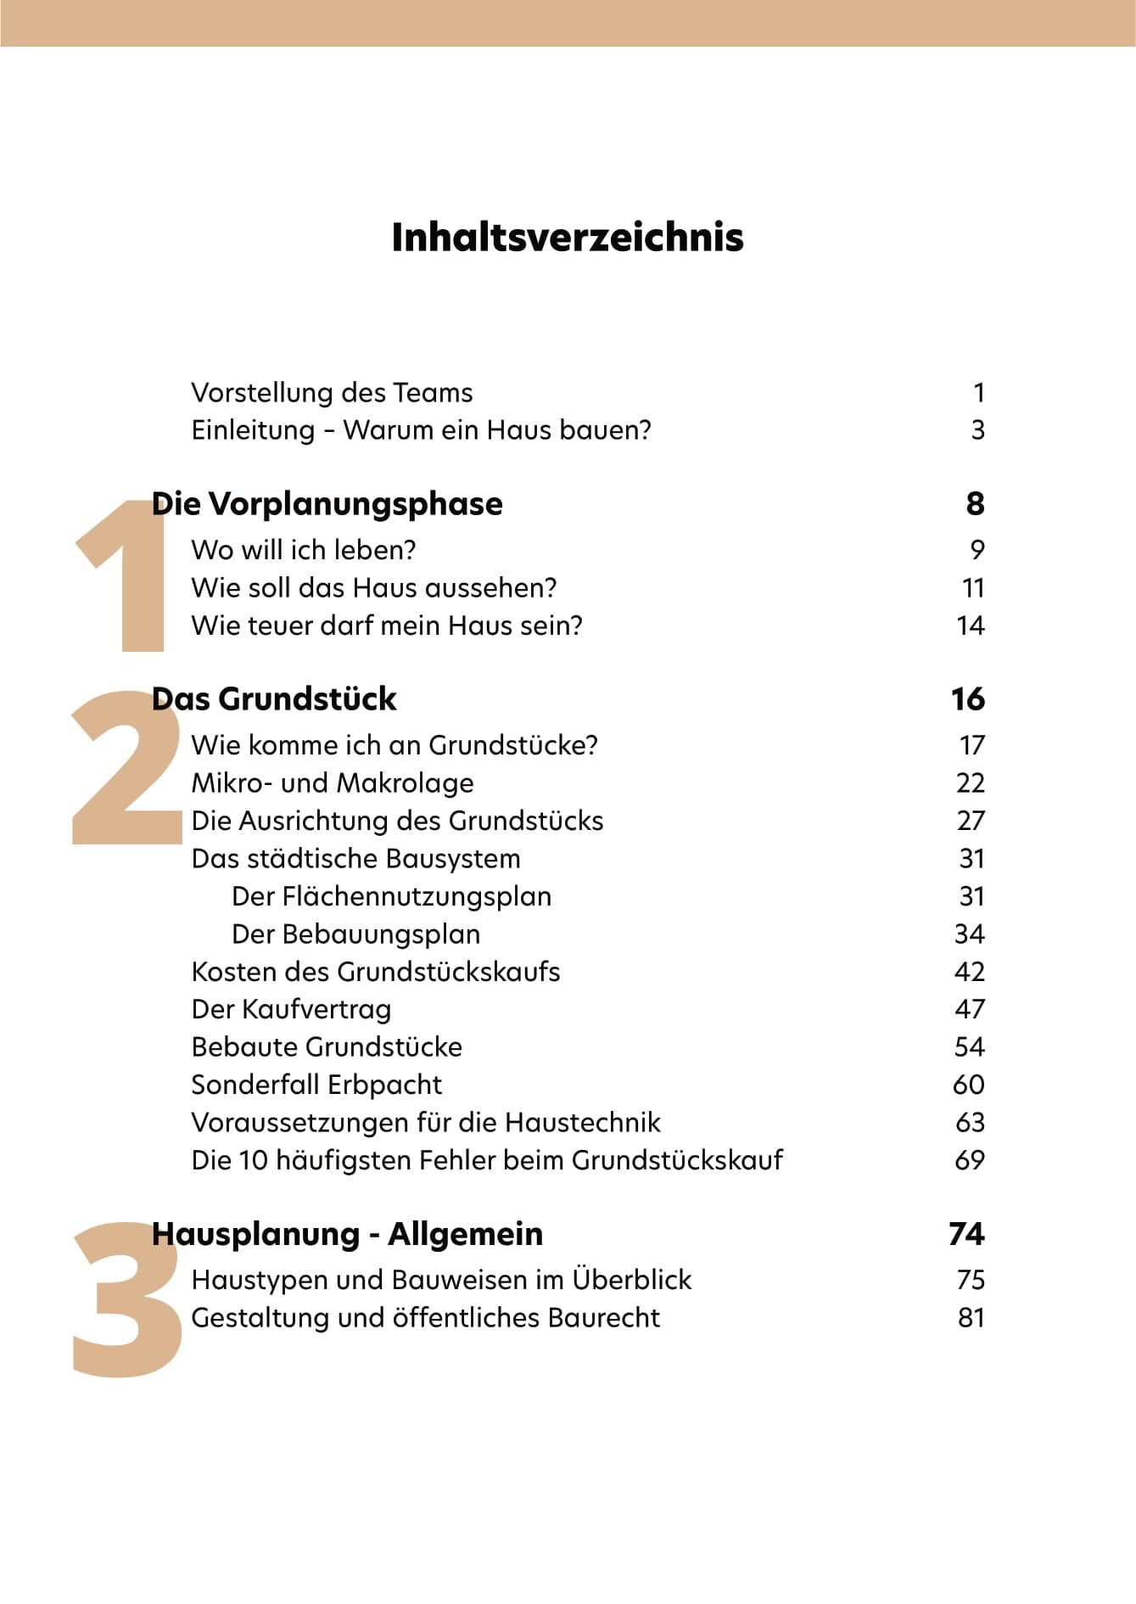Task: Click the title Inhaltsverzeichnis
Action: point(567,237)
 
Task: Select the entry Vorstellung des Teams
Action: point(332,393)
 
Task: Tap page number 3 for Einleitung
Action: point(977,430)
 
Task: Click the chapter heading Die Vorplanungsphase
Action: point(327,504)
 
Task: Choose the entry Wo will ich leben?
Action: point(303,550)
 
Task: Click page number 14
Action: point(970,625)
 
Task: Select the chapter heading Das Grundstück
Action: point(273,699)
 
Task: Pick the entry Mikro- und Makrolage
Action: point(332,782)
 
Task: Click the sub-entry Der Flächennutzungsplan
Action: point(391,896)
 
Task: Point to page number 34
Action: point(969,934)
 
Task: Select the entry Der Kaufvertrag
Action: point(291,1009)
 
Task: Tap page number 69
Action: point(969,1160)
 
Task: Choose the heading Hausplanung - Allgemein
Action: point(347,1234)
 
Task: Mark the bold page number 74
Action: point(966,1234)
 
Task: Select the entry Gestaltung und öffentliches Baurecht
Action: point(425,1318)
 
